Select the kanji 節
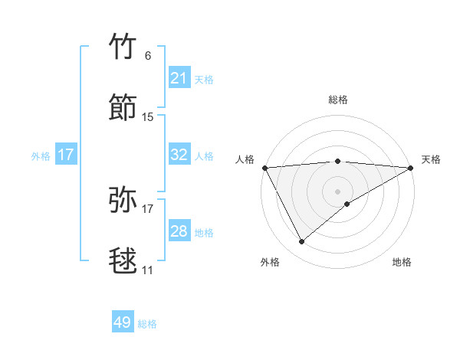pyautogui.click(x=123, y=107)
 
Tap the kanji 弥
pyautogui.click(x=123, y=201)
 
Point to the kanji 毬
pyautogui.click(x=123, y=260)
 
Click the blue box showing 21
pyautogui.click(x=179, y=78)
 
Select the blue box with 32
pyautogui.click(x=179, y=155)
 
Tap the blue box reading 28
pyautogui.click(x=179, y=231)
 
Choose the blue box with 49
pyautogui.click(x=123, y=322)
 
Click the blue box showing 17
pyautogui.click(x=66, y=155)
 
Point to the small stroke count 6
pyautogui.click(x=148, y=55)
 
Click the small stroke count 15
pyautogui.click(x=148, y=116)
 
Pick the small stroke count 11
pyautogui.click(x=147, y=270)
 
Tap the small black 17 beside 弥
pyautogui.click(x=148, y=208)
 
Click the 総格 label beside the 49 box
pyautogui.click(x=148, y=324)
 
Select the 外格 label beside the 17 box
pyautogui.click(x=41, y=156)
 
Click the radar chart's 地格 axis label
pyautogui.click(x=402, y=263)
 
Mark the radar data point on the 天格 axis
pyautogui.click(x=411, y=167)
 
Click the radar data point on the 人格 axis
pyautogui.click(x=264, y=167)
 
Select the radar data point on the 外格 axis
pyautogui.click(x=301, y=241)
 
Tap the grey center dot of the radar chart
pyautogui.click(x=337, y=191)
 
